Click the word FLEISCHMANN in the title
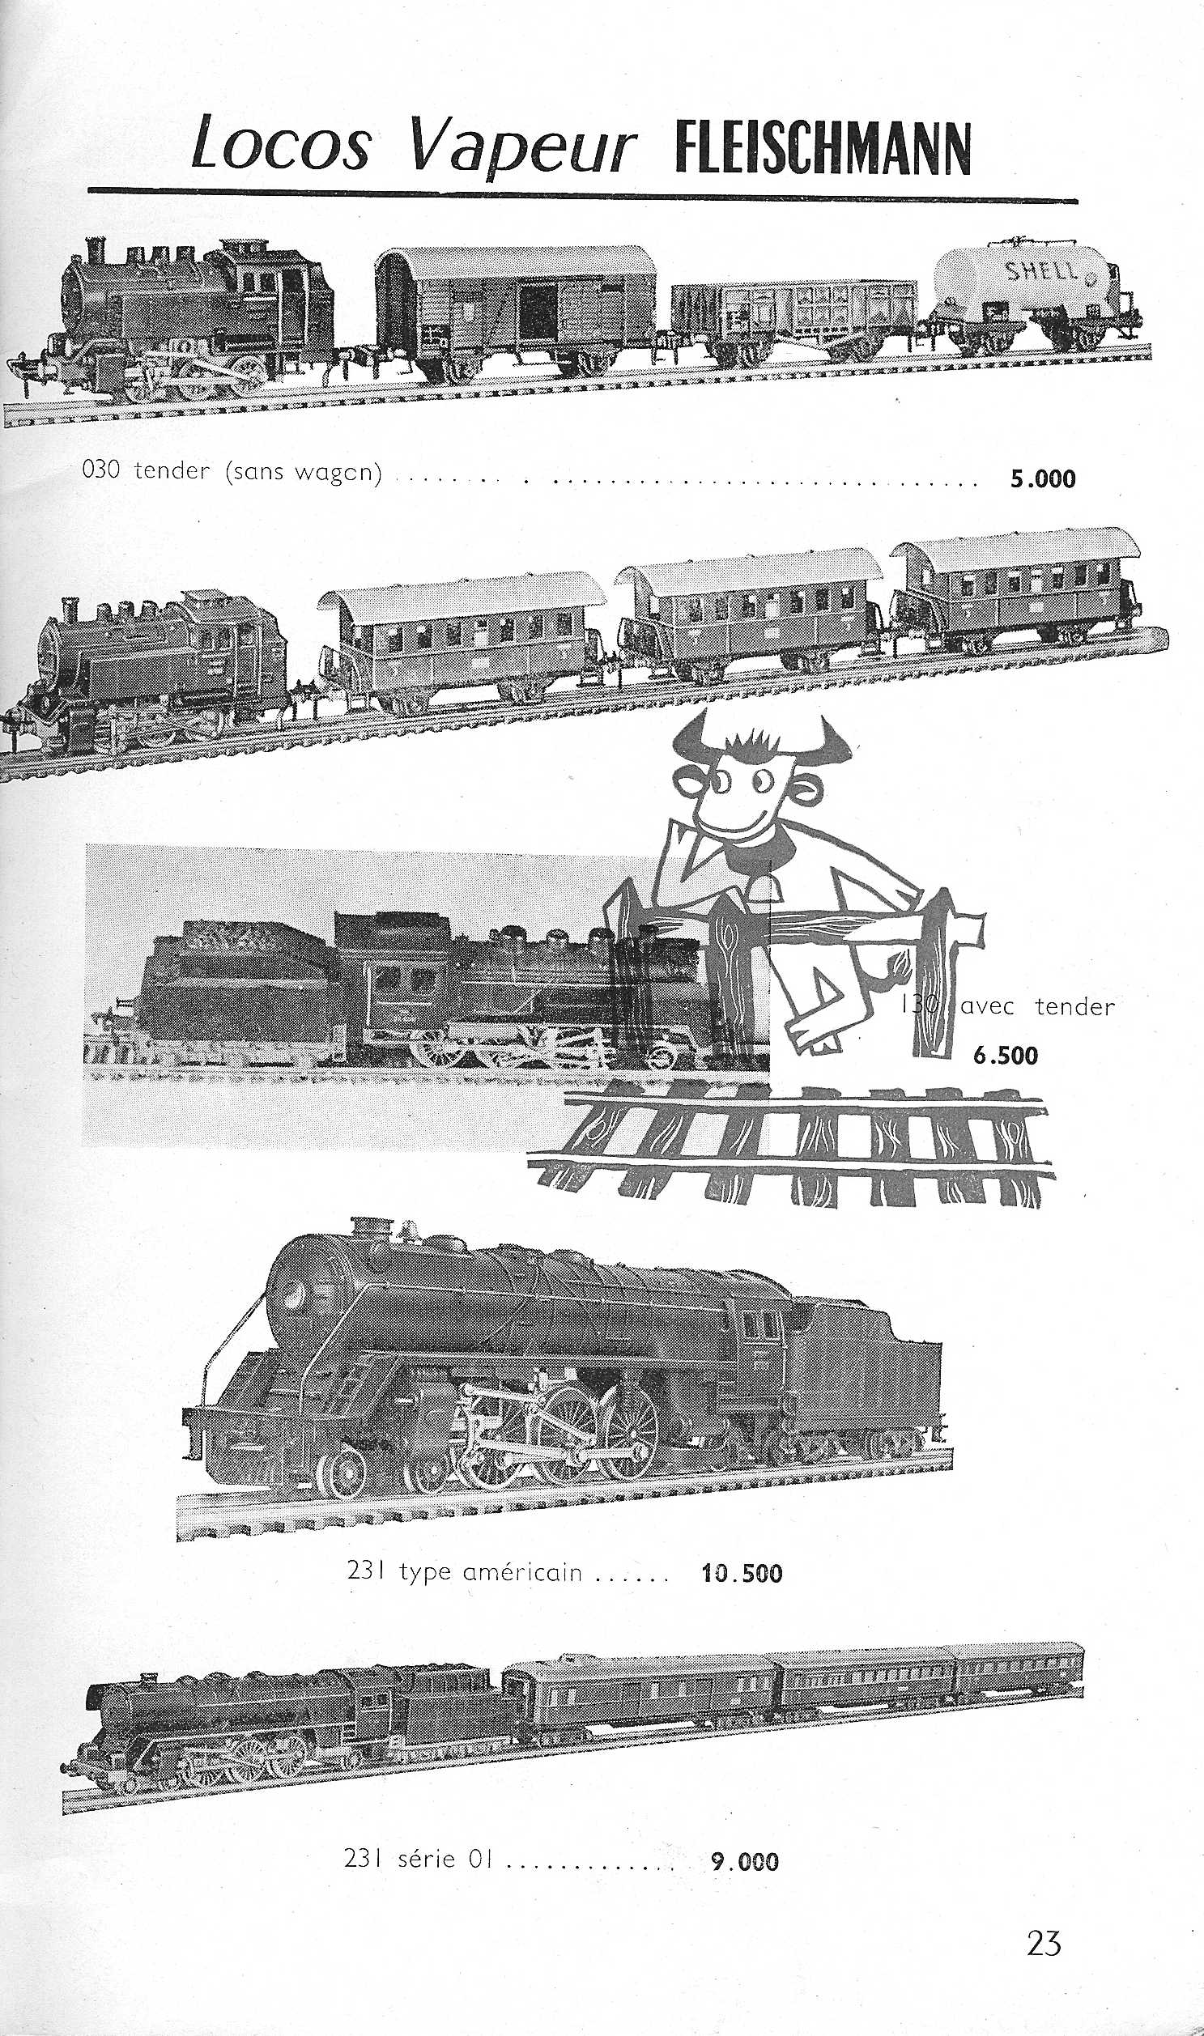823,147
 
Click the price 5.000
1042,479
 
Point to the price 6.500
1006,1056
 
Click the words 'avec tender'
1036,1006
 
